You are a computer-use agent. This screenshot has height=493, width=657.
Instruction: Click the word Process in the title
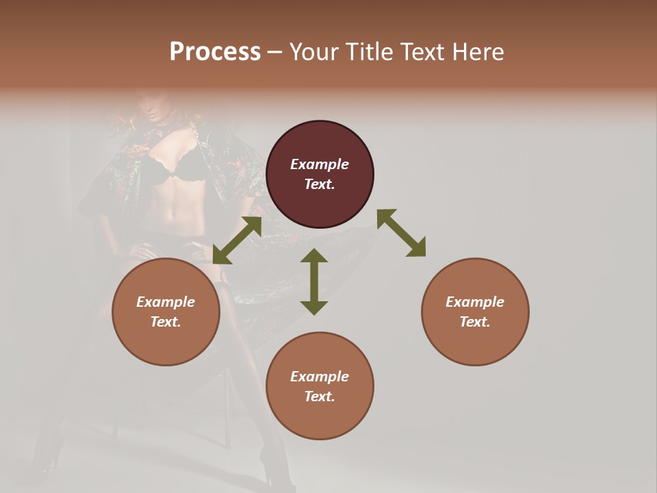click(215, 52)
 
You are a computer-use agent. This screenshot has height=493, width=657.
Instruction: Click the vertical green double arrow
click(314, 281)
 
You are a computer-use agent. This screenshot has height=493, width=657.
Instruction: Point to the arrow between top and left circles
click(237, 240)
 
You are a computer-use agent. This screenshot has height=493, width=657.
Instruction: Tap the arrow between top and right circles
click(402, 233)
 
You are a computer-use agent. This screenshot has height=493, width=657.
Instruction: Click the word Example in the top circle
click(320, 164)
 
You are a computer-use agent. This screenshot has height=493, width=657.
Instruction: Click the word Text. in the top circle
click(320, 184)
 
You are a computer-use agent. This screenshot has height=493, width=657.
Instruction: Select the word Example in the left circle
click(166, 302)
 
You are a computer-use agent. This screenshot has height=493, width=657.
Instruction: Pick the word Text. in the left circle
click(166, 322)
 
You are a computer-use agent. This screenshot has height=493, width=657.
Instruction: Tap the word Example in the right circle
click(475, 302)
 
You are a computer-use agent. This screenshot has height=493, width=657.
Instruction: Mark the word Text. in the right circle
click(475, 322)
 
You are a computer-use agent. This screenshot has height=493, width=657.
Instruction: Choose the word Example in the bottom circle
click(320, 377)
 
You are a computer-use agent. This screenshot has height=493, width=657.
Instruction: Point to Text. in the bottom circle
click(320, 396)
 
